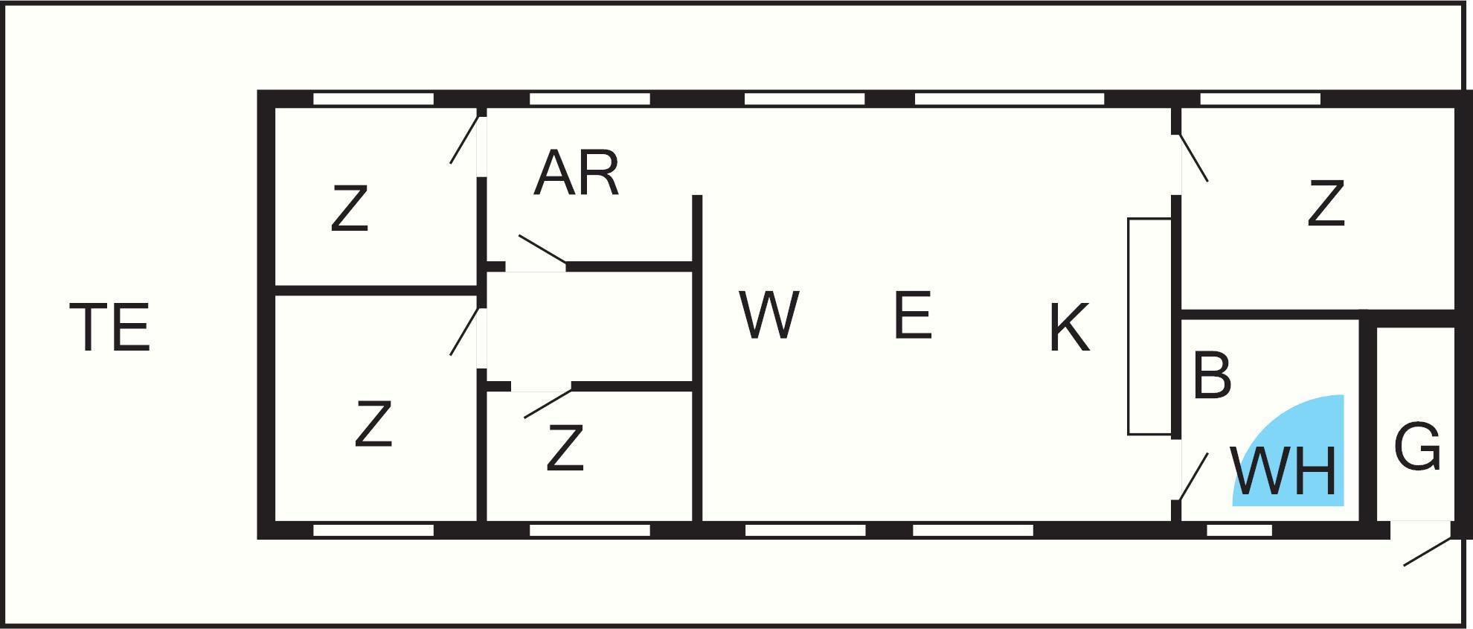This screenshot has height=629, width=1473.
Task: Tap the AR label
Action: (x=577, y=174)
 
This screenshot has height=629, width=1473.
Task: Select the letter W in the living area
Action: (x=769, y=315)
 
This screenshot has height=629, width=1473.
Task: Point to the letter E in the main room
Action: (x=913, y=316)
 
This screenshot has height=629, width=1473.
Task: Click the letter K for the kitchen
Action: (x=1069, y=328)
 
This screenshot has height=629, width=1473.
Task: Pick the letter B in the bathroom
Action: (x=1211, y=375)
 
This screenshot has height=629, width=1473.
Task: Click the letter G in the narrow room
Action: (x=1417, y=447)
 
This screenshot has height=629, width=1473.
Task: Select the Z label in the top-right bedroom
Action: (x=1326, y=203)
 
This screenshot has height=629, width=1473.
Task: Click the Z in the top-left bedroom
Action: (x=350, y=209)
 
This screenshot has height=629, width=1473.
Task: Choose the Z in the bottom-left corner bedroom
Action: (x=373, y=424)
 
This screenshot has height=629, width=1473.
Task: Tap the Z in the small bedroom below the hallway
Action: (x=565, y=448)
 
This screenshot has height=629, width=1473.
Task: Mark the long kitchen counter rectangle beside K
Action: (x=1149, y=326)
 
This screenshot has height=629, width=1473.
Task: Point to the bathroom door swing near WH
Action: (x=1193, y=476)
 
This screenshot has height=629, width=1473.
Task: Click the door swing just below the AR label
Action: (x=542, y=249)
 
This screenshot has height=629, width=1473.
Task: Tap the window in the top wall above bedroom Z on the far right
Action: (x=1259, y=99)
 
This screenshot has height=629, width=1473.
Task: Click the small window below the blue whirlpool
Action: (x=1239, y=530)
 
